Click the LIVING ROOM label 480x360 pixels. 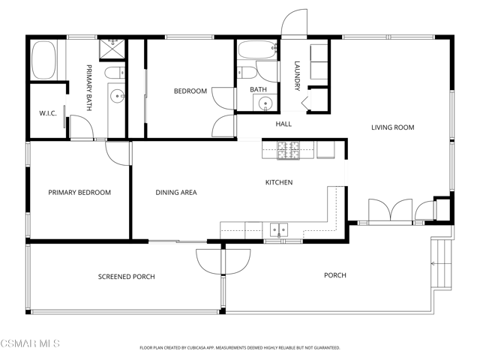pyautogui.click(x=393, y=127)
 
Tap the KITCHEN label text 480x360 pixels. pyautogui.click(x=279, y=182)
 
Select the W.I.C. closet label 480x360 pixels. pyautogui.click(x=48, y=113)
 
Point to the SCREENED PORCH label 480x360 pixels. pyautogui.click(x=127, y=277)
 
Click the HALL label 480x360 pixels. pyautogui.click(x=283, y=124)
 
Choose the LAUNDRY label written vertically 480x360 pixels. pyautogui.click(x=297, y=76)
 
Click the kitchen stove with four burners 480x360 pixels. pyautogui.click(x=288, y=150)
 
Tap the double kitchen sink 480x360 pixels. pyautogui.click(x=279, y=230)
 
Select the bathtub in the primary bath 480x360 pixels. pyautogui.click(x=44, y=60)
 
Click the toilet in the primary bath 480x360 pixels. pyautogui.click(x=115, y=73)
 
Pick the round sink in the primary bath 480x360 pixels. pyautogui.click(x=117, y=97)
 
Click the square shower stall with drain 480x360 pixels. pyautogui.click(x=112, y=49)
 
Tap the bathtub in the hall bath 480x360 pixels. pyautogui.click(x=258, y=49)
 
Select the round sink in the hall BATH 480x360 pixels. pyautogui.click(x=265, y=103)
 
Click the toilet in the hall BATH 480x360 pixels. pyautogui.click(x=247, y=73)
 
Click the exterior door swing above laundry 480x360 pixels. pyautogui.click(x=294, y=23)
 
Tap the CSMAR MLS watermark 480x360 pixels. pyautogui.click(x=30, y=343)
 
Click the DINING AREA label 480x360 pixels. pyautogui.click(x=176, y=193)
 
